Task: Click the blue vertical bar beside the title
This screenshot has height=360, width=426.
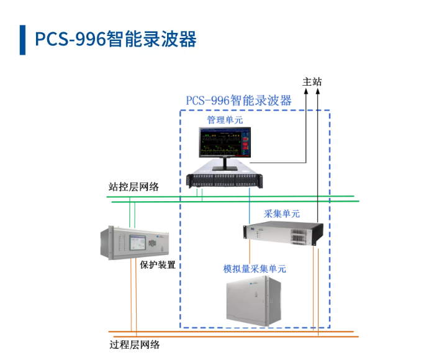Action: [23, 40]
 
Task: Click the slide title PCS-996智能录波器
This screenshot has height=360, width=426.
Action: [116, 39]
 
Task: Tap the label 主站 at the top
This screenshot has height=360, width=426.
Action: [312, 82]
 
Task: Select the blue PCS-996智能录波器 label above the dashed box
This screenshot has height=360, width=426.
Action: [239, 100]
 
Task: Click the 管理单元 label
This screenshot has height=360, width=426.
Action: [225, 119]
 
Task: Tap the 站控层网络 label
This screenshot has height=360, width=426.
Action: [134, 186]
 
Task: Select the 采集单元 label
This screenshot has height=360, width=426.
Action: [282, 214]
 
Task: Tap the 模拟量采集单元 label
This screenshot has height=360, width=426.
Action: [255, 269]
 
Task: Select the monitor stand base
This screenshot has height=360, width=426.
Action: [224, 168]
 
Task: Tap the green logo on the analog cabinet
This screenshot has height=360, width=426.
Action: [255, 284]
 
